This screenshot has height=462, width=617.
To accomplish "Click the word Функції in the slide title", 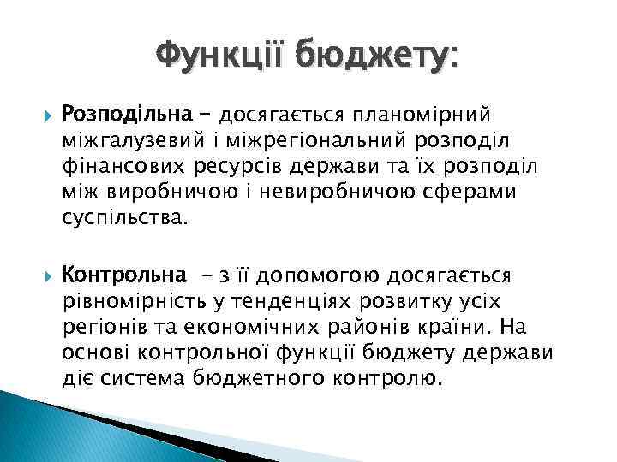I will [x=220, y=57].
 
